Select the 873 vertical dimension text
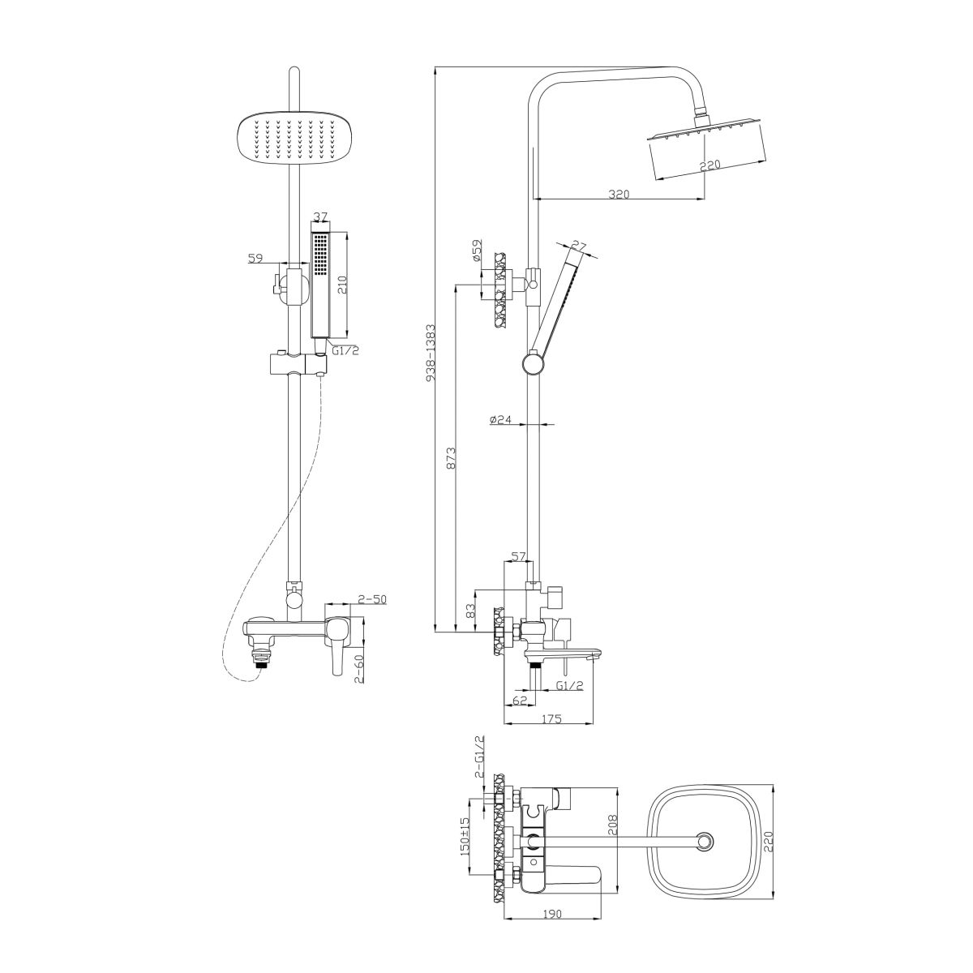click(452, 457)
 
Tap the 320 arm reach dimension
click(619, 194)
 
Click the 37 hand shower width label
click(320, 216)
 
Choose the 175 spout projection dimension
click(551, 718)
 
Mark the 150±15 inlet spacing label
click(465, 836)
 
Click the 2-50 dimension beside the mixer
click(372, 599)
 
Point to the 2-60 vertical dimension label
click(360, 670)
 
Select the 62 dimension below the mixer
click(520, 701)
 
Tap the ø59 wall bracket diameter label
click(478, 251)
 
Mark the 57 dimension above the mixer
click(519, 556)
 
